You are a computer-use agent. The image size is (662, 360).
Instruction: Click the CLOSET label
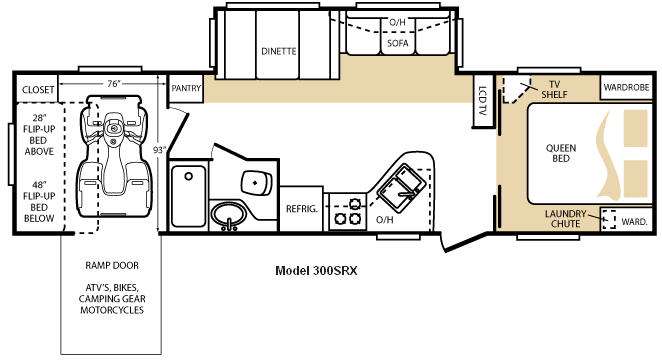pos(38,90)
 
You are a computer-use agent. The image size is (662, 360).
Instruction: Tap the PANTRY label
pos(186,88)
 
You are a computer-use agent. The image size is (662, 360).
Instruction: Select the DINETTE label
pos(279,51)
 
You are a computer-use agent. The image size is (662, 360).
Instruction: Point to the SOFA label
pos(398,43)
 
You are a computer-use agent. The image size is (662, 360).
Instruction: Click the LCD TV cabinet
pos(483,100)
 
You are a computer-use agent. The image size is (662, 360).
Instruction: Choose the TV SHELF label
pos(554,89)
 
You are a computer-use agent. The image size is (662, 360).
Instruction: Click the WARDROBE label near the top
pos(626,87)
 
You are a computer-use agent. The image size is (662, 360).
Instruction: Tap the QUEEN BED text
pos(561,153)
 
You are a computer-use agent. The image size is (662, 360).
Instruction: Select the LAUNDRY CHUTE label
pos(565,219)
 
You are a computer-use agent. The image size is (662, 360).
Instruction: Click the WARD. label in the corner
pos(635,222)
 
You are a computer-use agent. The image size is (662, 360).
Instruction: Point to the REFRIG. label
pos(301,209)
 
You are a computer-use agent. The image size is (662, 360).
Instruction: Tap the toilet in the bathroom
pos(256,183)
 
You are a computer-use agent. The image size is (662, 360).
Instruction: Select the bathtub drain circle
pos(189,176)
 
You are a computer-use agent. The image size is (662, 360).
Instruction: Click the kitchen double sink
pos(401,188)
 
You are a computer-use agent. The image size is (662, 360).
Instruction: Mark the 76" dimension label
pos(112,84)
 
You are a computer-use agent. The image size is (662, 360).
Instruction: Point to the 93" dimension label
pos(159,150)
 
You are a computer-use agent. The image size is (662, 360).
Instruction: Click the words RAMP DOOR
pos(112,265)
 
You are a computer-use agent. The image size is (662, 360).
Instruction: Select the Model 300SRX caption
pos(316,271)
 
